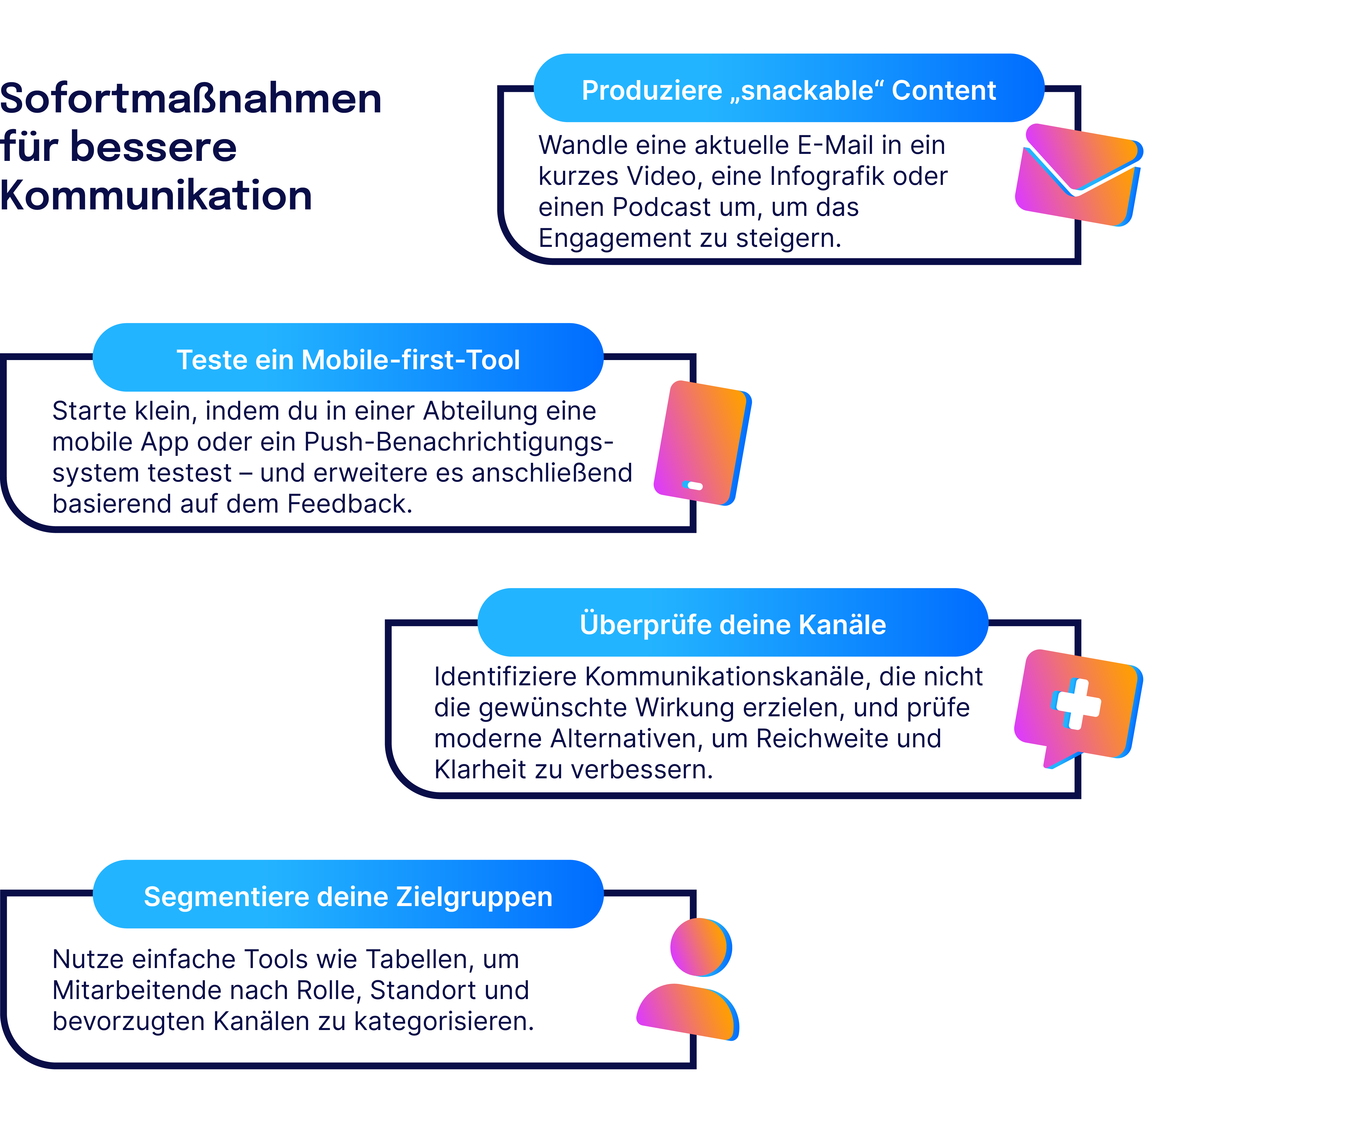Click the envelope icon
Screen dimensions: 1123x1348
pyautogui.click(x=1078, y=175)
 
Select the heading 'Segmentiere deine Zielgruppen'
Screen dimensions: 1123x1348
pyautogui.click(x=348, y=896)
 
